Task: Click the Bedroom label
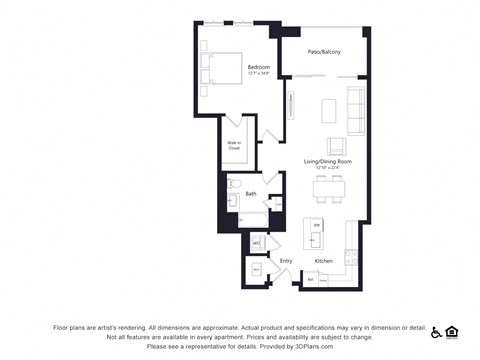[x=259, y=67]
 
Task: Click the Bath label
[x=251, y=192]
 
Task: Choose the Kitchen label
[x=323, y=261]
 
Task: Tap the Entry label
[x=286, y=261]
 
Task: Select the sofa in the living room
[x=356, y=110]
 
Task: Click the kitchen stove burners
[x=351, y=257]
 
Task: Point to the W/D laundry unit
[x=256, y=243]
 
